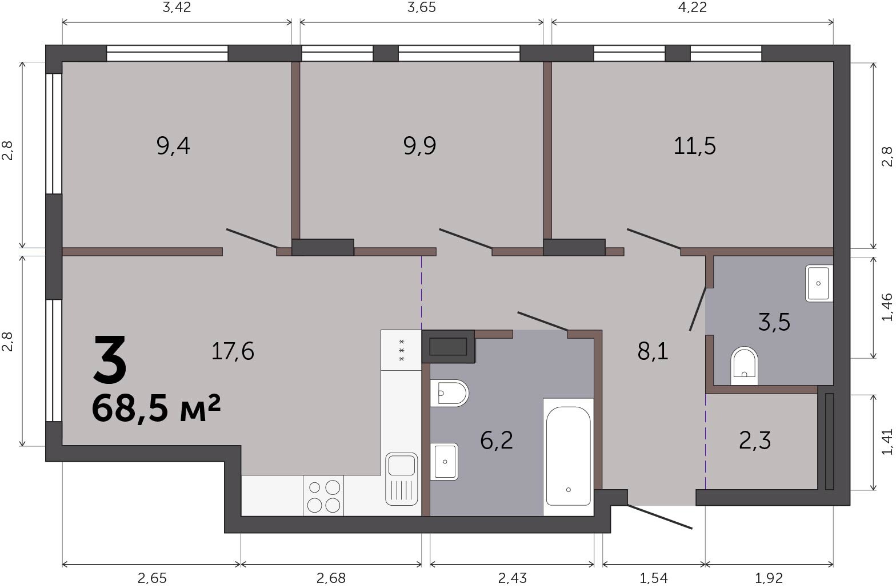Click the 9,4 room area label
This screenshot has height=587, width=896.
pyautogui.click(x=173, y=146)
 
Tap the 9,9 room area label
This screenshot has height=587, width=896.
pyautogui.click(x=419, y=146)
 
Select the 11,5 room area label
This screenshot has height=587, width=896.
pyautogui.click(x=694, y=146)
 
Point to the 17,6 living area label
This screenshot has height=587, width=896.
pyautogui.click(x=233, y=352)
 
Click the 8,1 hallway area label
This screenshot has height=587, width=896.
pyautogui.click(x=653, y=352)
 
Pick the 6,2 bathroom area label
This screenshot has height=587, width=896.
pyautogui.click(x=497, y=441)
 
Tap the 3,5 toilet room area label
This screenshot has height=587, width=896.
pyautogui.click(x=774, y=322)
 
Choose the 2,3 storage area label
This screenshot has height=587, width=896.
pyautogui.click(x=755, y=441)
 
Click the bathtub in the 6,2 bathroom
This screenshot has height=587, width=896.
pyautogui.click(x=569, y=457)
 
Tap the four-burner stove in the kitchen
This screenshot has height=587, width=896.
pyautogui.click(x=323, y=495)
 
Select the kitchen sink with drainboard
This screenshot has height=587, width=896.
pyautogui.click(x=401, y=479)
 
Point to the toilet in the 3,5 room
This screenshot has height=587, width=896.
pyautogui.click(x=744, y=366)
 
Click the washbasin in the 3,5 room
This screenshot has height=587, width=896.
pyautogui.click(x=819, y=283)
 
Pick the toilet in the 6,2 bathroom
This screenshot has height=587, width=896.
pyautogui.click(x=449, y=393)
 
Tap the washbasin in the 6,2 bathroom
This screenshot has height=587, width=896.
pyautogui.click(x=444, y=462)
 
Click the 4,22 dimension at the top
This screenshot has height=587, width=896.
pyautogui.click(x=693, y=7)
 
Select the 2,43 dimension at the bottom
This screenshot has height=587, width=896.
pyautogui.click(x=513, y=578)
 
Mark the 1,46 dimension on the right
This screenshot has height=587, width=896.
pyautogui.click(x=887, y=307)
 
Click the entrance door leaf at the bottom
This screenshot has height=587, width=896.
pyautogui.click(x=659, y=517)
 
